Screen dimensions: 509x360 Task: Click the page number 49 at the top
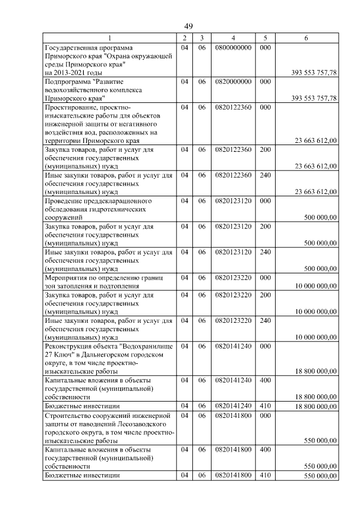[x=188, y=26]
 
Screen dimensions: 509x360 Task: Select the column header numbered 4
[x=233, y=38]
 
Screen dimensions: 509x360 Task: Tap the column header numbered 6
[x=306, y=38]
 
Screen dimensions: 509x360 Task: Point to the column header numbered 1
[x=110, y=38]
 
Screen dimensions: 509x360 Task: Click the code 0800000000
[x=233, y=48]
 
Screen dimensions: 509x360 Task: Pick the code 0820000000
[x=233, y=82]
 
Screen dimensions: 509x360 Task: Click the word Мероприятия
[x=67, y=277]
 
